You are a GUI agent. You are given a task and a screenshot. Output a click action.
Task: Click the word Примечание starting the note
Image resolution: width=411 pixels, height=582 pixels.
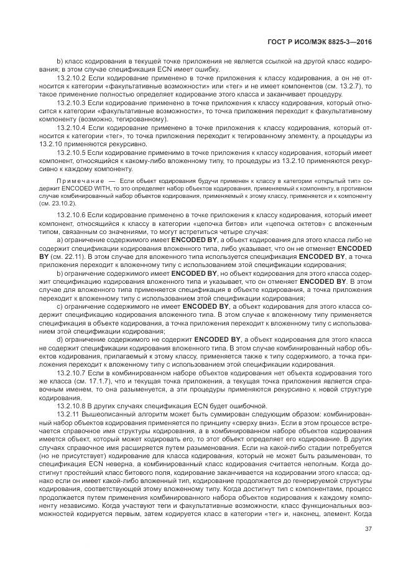coord(76,180)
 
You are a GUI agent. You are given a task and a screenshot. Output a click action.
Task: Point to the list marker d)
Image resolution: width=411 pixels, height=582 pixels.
coord(60,339)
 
